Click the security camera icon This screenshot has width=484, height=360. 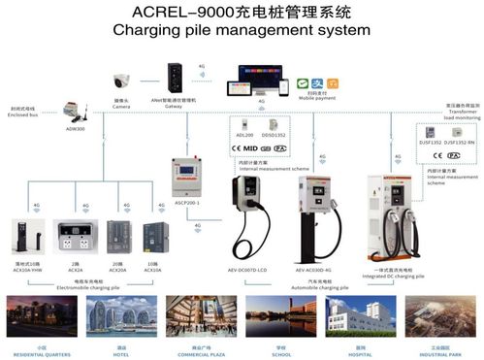(x=120, y=82)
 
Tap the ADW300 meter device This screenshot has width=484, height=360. (x=74, y=111)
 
